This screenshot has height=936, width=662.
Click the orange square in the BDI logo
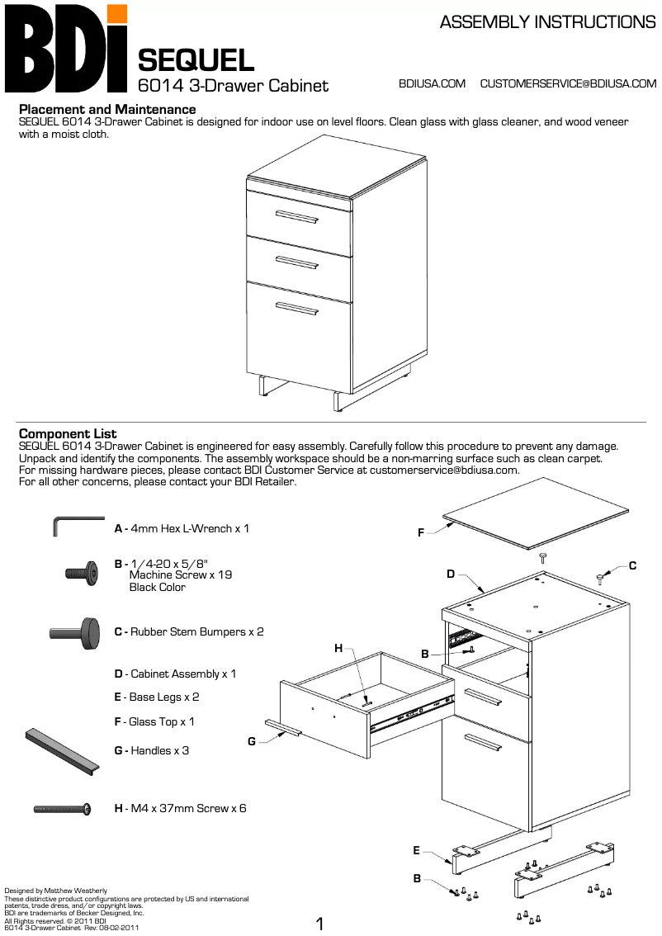click(117, 14)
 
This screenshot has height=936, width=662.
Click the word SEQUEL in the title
click(196, 60)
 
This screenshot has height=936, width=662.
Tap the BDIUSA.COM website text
click(432, 83)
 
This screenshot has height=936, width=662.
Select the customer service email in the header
click(568, 83)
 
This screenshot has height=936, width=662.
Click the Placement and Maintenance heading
click(107, 109)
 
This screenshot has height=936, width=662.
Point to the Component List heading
click(68, 434)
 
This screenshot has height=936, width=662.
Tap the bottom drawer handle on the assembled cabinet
click(297, 309)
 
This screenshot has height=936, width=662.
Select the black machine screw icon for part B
click(81, 571)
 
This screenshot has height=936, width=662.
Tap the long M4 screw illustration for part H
click(62, 809)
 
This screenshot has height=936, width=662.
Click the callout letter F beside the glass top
click(421, 533)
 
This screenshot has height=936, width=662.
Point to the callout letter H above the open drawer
click(338, 649)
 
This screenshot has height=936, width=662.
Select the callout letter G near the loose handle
click(252, 741)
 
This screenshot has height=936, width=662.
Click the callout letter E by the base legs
click(417, 850)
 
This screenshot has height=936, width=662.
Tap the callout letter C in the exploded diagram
click(632, 565)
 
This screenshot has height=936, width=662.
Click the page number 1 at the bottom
click(320, 924)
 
